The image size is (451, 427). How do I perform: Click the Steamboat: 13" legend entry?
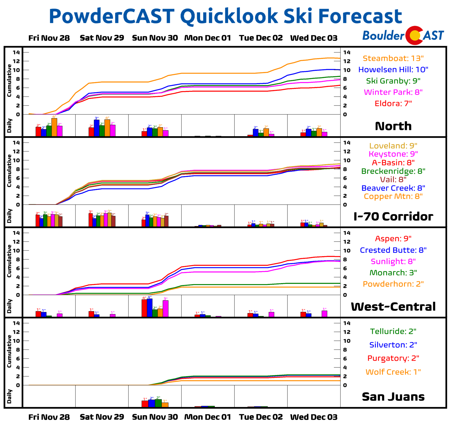tap(393, 58)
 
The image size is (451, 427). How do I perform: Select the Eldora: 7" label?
tap(393, 104)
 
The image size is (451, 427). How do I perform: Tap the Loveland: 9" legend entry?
tap(393, 146)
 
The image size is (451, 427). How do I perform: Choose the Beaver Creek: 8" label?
tap(393, 188)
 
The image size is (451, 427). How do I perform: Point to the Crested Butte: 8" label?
tap(393, 250)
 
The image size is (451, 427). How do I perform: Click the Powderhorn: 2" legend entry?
tap(393, 284)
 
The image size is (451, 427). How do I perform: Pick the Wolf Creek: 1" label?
tap(393, 372)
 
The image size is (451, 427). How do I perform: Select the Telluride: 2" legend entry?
tap(393, 331)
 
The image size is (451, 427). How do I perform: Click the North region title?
tap(393, 126)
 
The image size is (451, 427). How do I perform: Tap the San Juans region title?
tap(393, 397)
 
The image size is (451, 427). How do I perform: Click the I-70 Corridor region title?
tap(393, 216)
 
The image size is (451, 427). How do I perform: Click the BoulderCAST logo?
tap(403, 36)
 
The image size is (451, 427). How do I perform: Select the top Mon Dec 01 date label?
tap(208, 38)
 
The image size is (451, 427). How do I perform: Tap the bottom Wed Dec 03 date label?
tap(314, 417)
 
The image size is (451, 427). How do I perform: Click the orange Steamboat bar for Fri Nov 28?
tap(54, 127)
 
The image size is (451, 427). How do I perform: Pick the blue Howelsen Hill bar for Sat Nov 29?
tap(97, 128)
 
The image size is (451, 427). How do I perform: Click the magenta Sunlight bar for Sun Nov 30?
tap(165, 309)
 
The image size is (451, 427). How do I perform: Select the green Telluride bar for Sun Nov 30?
tap(158, 403)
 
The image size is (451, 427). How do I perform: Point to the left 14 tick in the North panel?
tap(16, 52)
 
